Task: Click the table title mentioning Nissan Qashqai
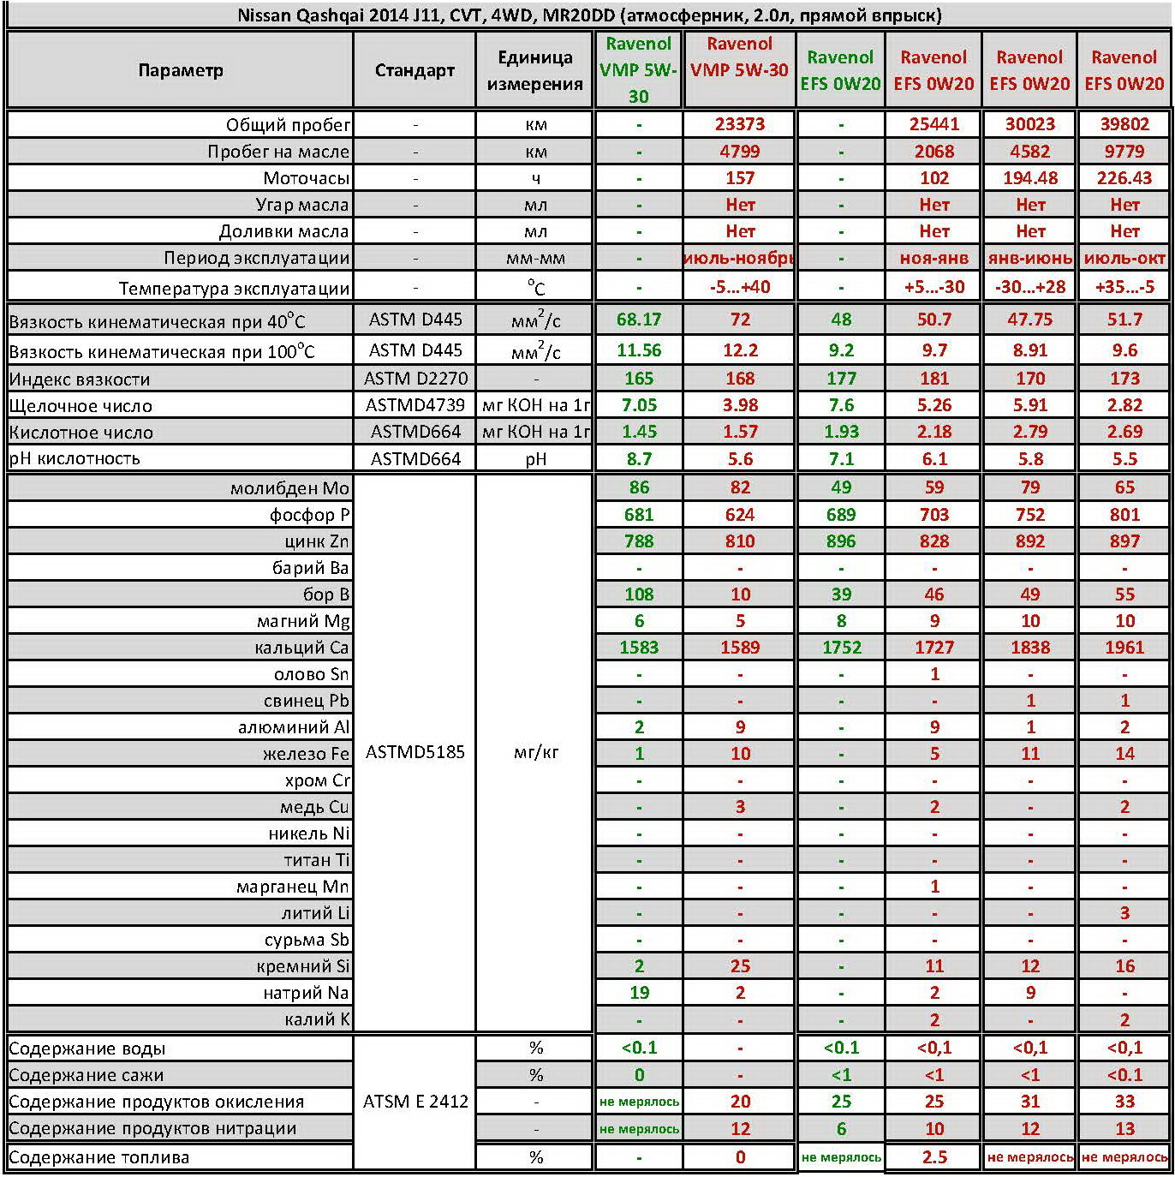pos(588,15)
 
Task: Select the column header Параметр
pos(180,70)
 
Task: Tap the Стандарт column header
pos(415,70)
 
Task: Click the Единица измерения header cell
pos(535,70)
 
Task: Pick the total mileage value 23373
pos(740,124)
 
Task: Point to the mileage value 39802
pos(1124,124)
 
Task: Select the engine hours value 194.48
pos(1030,178)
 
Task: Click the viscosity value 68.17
pos(639,320)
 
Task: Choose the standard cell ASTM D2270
pos(415,379)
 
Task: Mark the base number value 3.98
pos(740,405)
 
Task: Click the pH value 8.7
pos(639,459)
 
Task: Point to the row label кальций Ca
pos(301,648)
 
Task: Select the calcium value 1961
pos(1124,648)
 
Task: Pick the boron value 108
pos(639,594)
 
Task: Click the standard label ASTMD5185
pos(415,752)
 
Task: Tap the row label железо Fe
pos(306,754)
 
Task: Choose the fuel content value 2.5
pos(934,1157)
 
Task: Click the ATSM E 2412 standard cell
pos(415,1102)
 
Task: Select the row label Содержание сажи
pos(86,1075)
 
